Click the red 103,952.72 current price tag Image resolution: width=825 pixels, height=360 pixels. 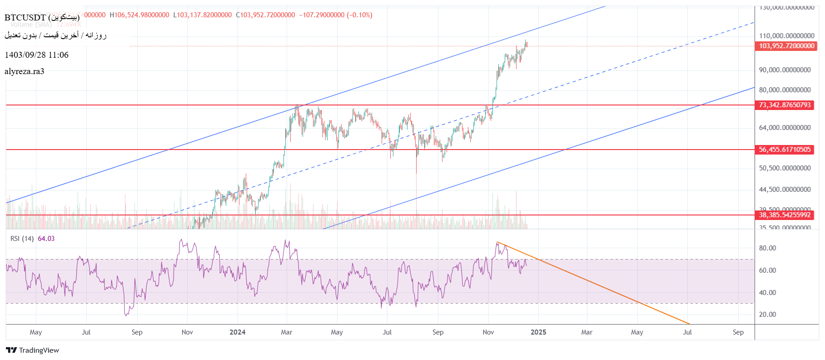tap(786, 46)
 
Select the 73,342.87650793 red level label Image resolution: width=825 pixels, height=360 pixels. tap(785, 105)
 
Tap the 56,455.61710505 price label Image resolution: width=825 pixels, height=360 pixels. tap(785, 150)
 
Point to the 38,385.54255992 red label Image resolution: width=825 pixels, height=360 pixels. tap(785, 215)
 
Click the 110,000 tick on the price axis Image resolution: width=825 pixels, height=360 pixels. tap(786, 35)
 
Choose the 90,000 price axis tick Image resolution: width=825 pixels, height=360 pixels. tap(785, 70)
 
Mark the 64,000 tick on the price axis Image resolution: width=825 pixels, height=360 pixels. tap(785, 128)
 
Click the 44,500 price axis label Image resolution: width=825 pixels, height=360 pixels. tap(785, 190)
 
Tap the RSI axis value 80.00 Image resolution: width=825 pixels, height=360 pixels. tap(767, 248)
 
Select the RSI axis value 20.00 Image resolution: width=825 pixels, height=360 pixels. tap(767, 315)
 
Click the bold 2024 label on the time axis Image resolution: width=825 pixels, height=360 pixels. tap(238, 332)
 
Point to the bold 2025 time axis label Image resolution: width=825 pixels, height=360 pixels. tap(538, 332)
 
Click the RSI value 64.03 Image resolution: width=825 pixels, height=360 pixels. tap(46, 239)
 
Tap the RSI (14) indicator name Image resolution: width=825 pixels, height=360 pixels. tap(22, 239)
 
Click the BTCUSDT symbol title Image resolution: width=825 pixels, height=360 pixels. tap(42, 17)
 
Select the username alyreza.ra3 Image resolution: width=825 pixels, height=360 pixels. tap(25, 71)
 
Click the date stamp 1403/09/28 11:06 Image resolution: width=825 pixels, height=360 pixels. tap(36, 55)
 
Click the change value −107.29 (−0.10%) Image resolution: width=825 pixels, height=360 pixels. tap(335, 15)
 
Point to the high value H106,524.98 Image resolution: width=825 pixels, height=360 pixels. tap(139, 15)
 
